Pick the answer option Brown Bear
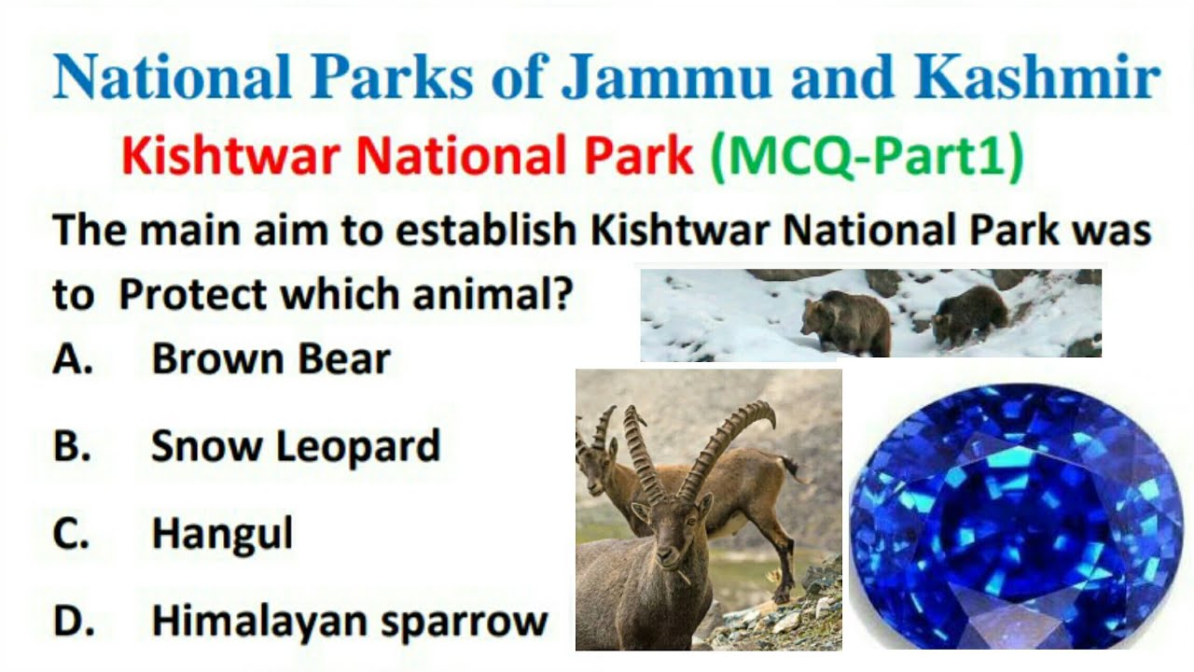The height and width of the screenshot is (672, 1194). click(x=271, y=359)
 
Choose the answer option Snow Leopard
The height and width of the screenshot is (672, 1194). click(x=295, y=447)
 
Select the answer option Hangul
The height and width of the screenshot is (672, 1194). click(x=222, y=534)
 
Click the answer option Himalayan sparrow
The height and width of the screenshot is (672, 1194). click(x=349, y=622)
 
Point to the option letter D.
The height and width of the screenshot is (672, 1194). click(x=72, y=623)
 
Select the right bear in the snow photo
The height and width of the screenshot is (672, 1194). click(x=972, y=314)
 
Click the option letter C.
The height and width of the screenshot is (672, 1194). click(x=72, y=535)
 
